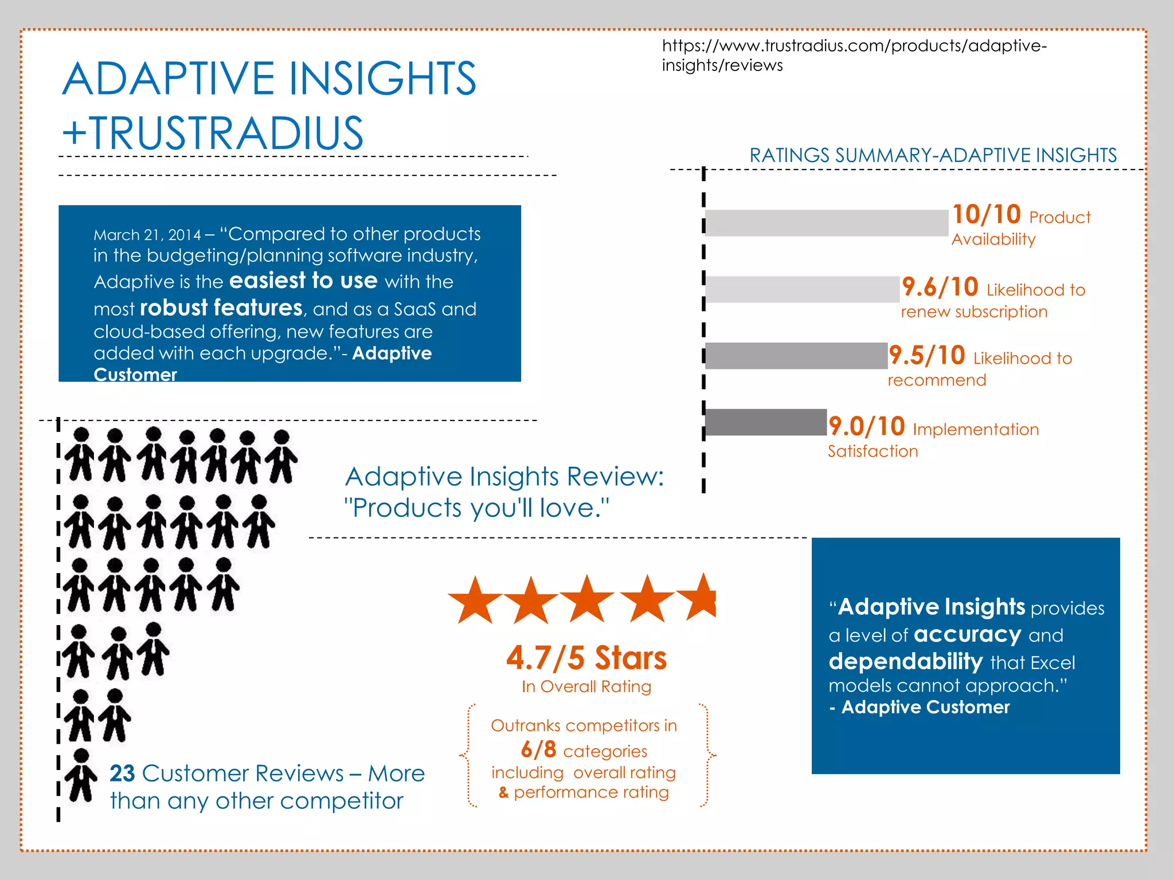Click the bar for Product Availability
[826, 223]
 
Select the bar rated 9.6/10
[802, 289]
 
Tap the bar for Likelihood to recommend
[796, 356]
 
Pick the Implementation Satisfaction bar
[765, 422]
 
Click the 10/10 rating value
[987, 215]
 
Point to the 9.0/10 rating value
[867, 427]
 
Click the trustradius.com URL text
[854, 55]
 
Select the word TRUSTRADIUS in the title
[226, 133]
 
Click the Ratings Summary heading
[933, 155]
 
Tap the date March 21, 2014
[147, 235]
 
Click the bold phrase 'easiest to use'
[303, 281]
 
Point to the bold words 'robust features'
[221, 308]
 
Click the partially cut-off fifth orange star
[700, 598]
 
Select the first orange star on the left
[475, 600]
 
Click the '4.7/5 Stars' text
[586, 658]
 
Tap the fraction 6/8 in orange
[538, 749]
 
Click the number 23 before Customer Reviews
[122, 773]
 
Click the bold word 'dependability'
[906, 662]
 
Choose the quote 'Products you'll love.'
[476, 508]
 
